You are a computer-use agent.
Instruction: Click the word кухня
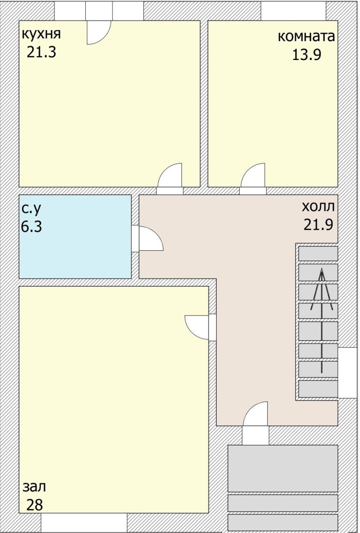[41, 34]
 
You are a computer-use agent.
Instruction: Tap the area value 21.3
[41, 52]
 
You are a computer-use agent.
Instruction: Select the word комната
[307, 37]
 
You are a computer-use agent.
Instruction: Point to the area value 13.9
[307, 55]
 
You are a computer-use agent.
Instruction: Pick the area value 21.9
[318, 225]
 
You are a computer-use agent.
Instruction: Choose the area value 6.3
[31, 227]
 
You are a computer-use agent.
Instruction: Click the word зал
[35, 487]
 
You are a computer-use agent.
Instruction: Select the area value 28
[35, 505]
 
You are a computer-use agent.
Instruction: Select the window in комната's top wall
[293, 10]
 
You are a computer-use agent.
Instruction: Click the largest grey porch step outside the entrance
[283, 468]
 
